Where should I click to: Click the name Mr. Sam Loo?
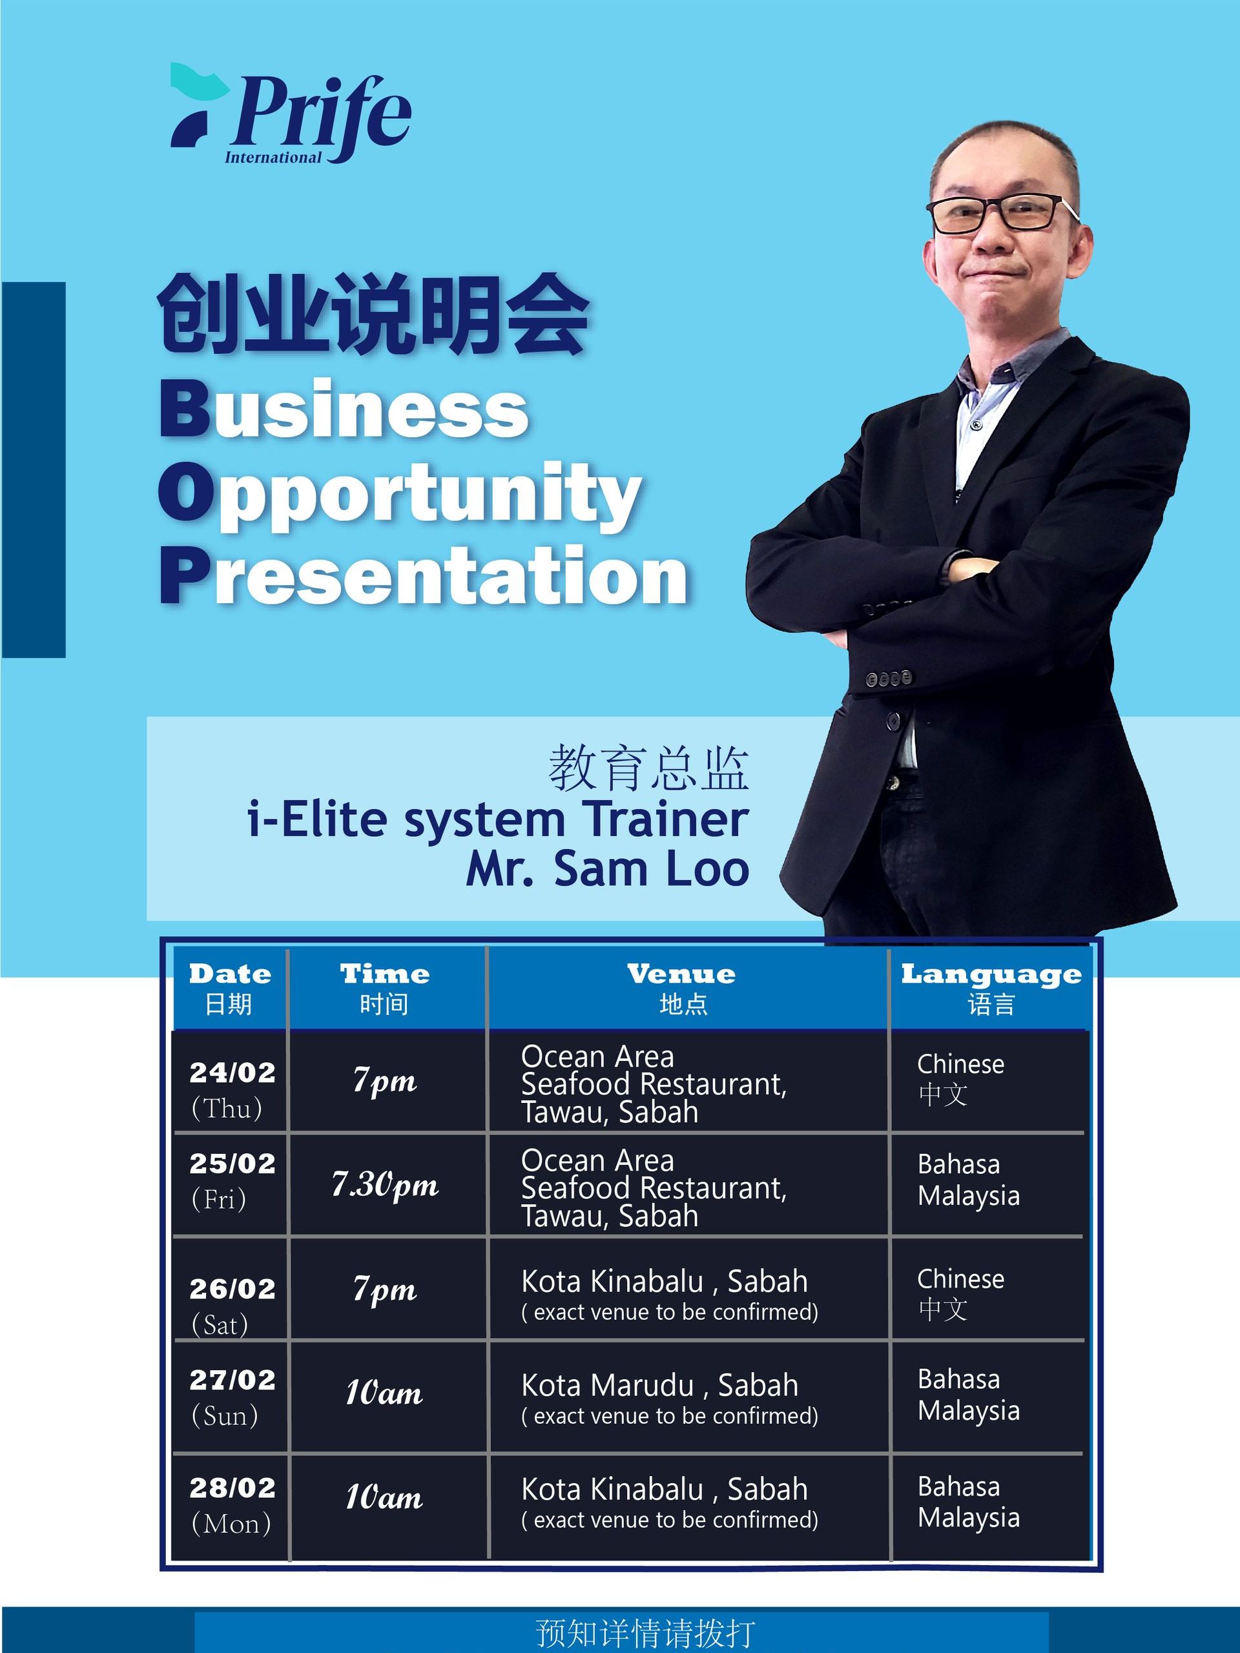point(607,869)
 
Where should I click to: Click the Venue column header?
point(681,988)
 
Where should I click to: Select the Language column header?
point(991,988)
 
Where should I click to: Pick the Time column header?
point(385,988)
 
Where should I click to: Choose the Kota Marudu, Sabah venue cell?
point(670,1397)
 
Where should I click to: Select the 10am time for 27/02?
point(384,1393)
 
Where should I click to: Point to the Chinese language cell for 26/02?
point(960,1293)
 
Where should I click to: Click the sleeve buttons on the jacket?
point(889,679)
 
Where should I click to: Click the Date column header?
point(229,988)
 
